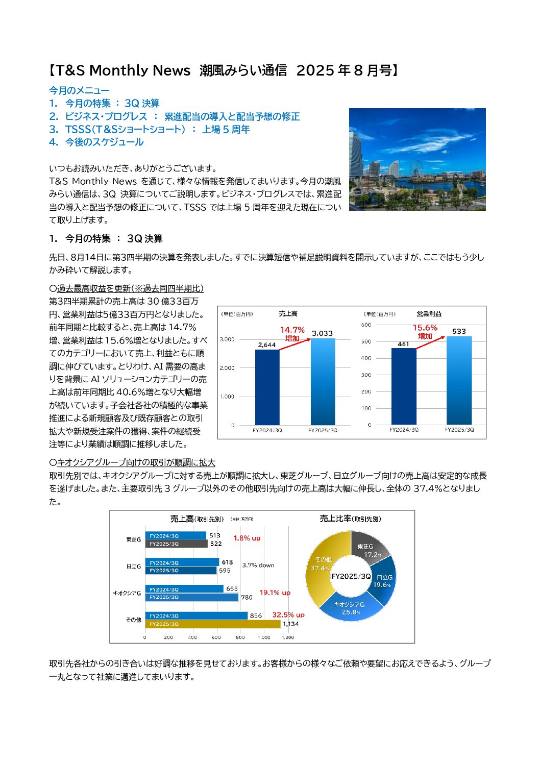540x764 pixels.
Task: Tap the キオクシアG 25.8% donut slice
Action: pos(351,608)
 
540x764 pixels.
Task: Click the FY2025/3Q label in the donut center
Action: pos(351,576)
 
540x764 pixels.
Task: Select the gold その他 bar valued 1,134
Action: pos(212,624)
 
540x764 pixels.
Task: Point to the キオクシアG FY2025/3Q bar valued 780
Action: pos(192,597)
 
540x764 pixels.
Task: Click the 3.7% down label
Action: pos(258,565)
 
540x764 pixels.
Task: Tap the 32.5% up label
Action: pos(288,615)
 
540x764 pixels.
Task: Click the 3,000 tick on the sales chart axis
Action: pos(227,339)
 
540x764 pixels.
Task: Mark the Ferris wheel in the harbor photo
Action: pos(416,169)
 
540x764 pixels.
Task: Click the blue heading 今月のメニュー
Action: pos(79,90)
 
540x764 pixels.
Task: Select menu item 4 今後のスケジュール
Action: pos(96,142)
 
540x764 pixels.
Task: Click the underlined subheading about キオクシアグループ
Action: pos(132,463)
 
